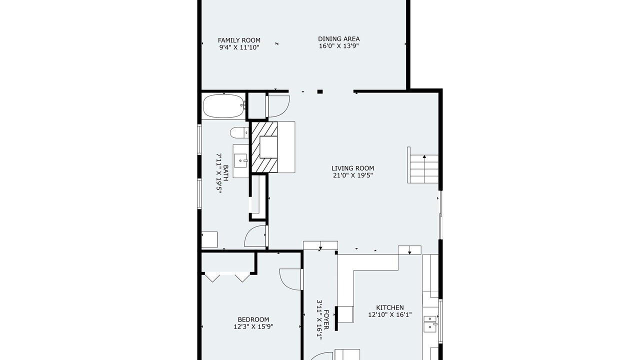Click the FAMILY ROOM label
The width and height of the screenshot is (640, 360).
tap(239, 40)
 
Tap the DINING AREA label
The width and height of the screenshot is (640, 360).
tap(339, 39)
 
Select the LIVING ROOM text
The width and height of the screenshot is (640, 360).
tap(353, 168)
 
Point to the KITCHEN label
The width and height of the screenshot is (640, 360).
tap(390, 307)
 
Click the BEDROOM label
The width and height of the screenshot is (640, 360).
tap(253, 319)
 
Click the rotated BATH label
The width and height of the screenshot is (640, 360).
tap(225, 173)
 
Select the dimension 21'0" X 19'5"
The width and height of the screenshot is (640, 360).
tap(353, 175)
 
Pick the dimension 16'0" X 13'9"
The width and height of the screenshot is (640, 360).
tap(339, 46)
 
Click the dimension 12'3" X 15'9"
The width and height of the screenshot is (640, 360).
tap(253, 326)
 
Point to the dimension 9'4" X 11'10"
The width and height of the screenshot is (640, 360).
tap(239, 47)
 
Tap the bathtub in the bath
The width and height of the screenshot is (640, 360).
tap(224, 106)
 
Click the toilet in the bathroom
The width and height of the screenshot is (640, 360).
tap(239, 132)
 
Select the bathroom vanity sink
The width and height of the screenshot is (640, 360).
tap(240, 161)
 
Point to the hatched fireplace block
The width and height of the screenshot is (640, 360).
tap(264, 147)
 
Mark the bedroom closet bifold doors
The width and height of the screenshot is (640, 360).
tap(227, 277)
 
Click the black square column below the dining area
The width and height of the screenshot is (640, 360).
tap(320, 91)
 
